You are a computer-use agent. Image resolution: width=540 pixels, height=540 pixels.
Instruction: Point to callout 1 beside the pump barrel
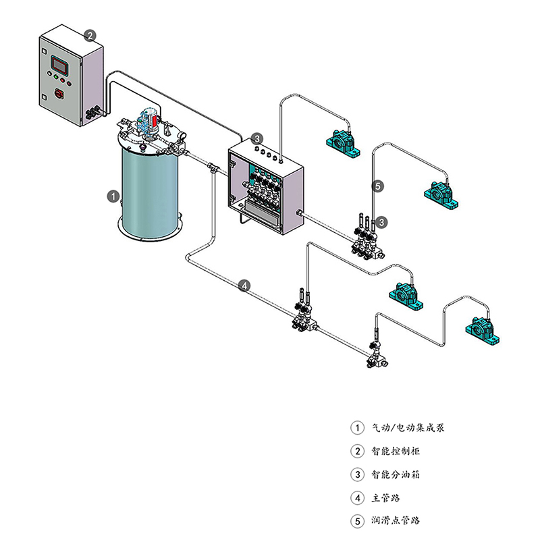(114, 196)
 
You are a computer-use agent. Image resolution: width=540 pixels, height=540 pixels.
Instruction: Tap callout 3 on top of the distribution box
(257, 139)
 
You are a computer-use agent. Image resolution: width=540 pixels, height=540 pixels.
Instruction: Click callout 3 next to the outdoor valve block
(382, 221)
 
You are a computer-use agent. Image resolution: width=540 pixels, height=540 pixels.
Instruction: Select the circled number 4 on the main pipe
(245, 286)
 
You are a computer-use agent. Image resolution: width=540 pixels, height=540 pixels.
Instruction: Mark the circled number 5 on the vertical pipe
(378, 186)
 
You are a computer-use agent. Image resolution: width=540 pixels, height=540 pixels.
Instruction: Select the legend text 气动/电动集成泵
(408, 428)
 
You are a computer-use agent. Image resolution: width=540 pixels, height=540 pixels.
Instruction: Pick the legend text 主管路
(386, 498)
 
